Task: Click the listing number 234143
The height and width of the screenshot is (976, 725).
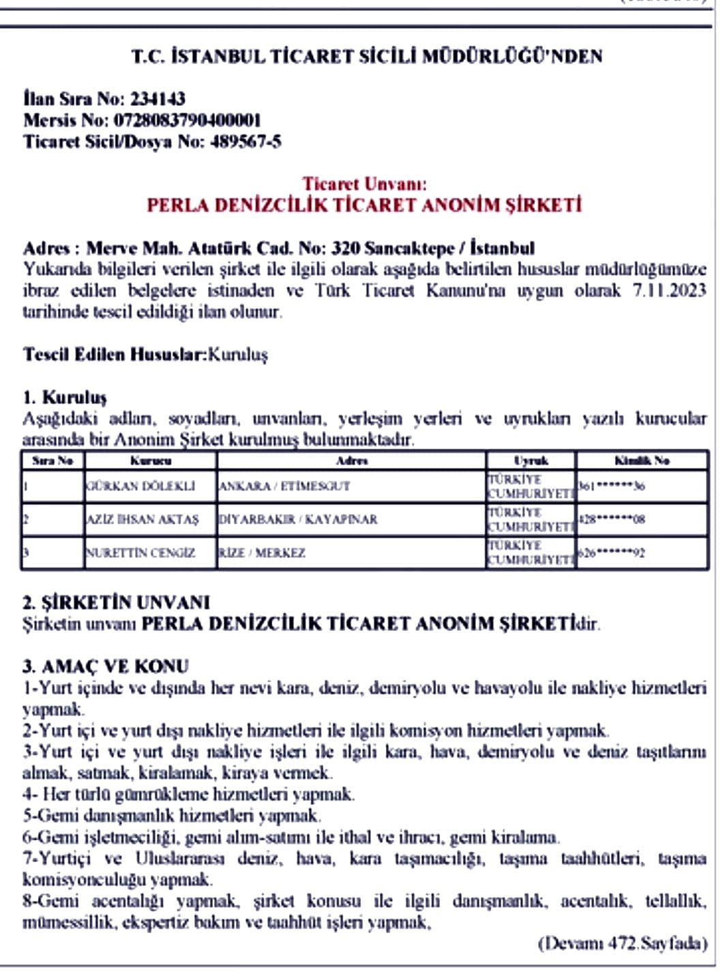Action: click(158, 99)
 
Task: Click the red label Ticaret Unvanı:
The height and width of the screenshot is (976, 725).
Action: click(364, 183)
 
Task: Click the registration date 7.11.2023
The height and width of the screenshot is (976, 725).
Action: click(669, 291)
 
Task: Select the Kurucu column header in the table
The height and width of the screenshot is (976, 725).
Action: click(151, 460)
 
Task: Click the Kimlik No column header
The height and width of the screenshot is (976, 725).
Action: click(641, 460)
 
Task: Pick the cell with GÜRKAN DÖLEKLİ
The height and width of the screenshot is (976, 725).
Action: click(140, 486)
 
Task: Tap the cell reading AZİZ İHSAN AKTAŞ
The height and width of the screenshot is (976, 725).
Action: click(143, 520)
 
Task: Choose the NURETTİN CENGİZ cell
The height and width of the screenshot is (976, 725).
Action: click(140, 552)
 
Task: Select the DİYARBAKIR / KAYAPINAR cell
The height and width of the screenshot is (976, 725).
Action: click(297, 520)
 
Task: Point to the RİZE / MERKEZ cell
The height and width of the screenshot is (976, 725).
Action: click(262, 552)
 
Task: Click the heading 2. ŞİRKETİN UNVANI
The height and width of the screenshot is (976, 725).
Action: click(116, 603)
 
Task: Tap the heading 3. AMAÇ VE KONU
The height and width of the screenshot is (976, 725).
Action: click(106, 666)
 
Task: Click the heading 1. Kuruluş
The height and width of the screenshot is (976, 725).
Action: click(65, 397)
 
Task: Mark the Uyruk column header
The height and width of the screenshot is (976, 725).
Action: click(531, 460)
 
